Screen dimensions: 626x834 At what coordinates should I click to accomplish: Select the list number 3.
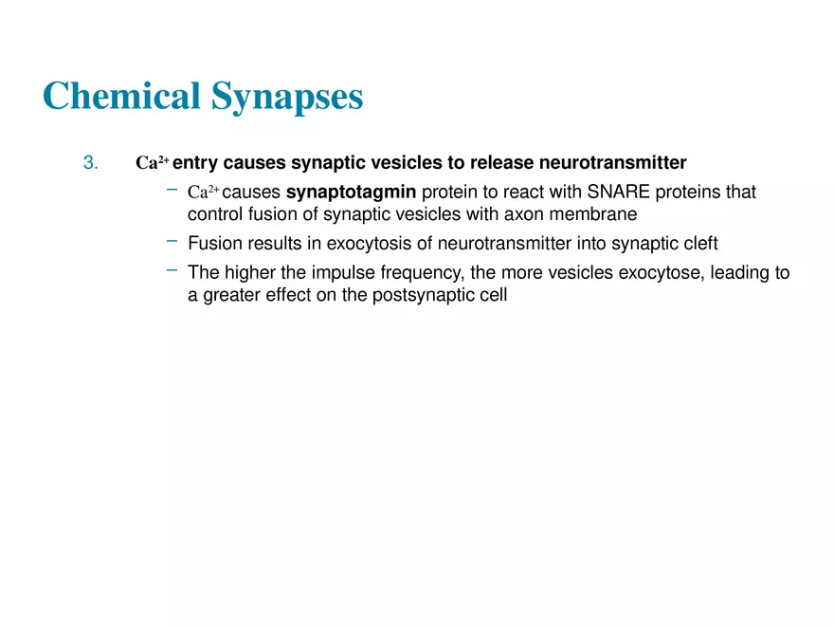tap(90, 162)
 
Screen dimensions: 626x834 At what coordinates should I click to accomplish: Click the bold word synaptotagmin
tap(351, 193)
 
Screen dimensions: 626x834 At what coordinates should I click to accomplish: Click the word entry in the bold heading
tap(195, 162)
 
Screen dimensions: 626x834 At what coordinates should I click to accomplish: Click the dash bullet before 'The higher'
tap(172, 270)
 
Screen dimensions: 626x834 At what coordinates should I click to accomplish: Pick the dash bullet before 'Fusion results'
tap(172, 241)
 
